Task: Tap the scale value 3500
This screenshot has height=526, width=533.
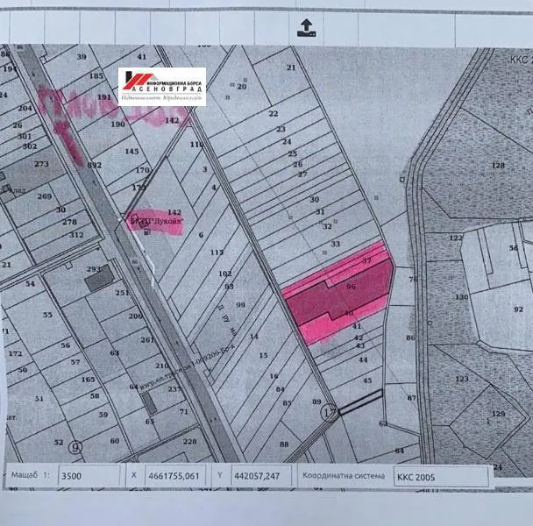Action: (x=70, y=478)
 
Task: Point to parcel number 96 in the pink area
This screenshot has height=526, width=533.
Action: (x=351, y=287)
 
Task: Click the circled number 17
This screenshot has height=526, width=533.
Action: (x=330, y=411)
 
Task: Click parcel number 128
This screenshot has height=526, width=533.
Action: (x=498, y=165)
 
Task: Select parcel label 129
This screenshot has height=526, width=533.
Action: (x=498, y=413)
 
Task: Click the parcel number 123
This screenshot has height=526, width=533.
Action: (x=459, y=379)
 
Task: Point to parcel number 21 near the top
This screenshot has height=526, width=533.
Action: (x=291, y=68)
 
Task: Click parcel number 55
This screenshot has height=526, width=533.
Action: (x=47, y=314)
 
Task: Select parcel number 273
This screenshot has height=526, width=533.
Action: (x=42, y=164)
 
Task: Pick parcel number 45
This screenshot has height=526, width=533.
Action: (x=366, y=380)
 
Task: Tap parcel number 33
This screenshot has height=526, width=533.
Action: (x=335, y=243)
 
